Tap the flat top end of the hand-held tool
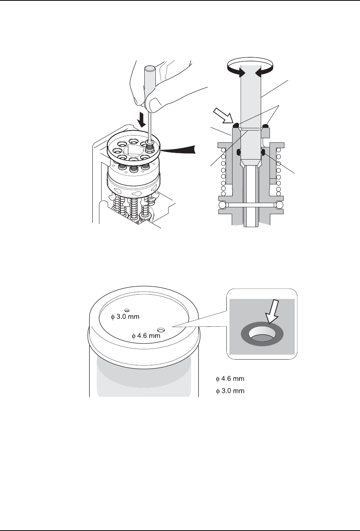(149, 69)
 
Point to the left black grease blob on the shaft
(236, 124)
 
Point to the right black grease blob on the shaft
(265, 124)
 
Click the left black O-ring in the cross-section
(239, 152)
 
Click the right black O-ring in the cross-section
(263, 152)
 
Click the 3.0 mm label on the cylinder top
(125, 316)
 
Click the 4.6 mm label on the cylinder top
(146, 336)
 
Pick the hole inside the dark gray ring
(262, 335)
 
